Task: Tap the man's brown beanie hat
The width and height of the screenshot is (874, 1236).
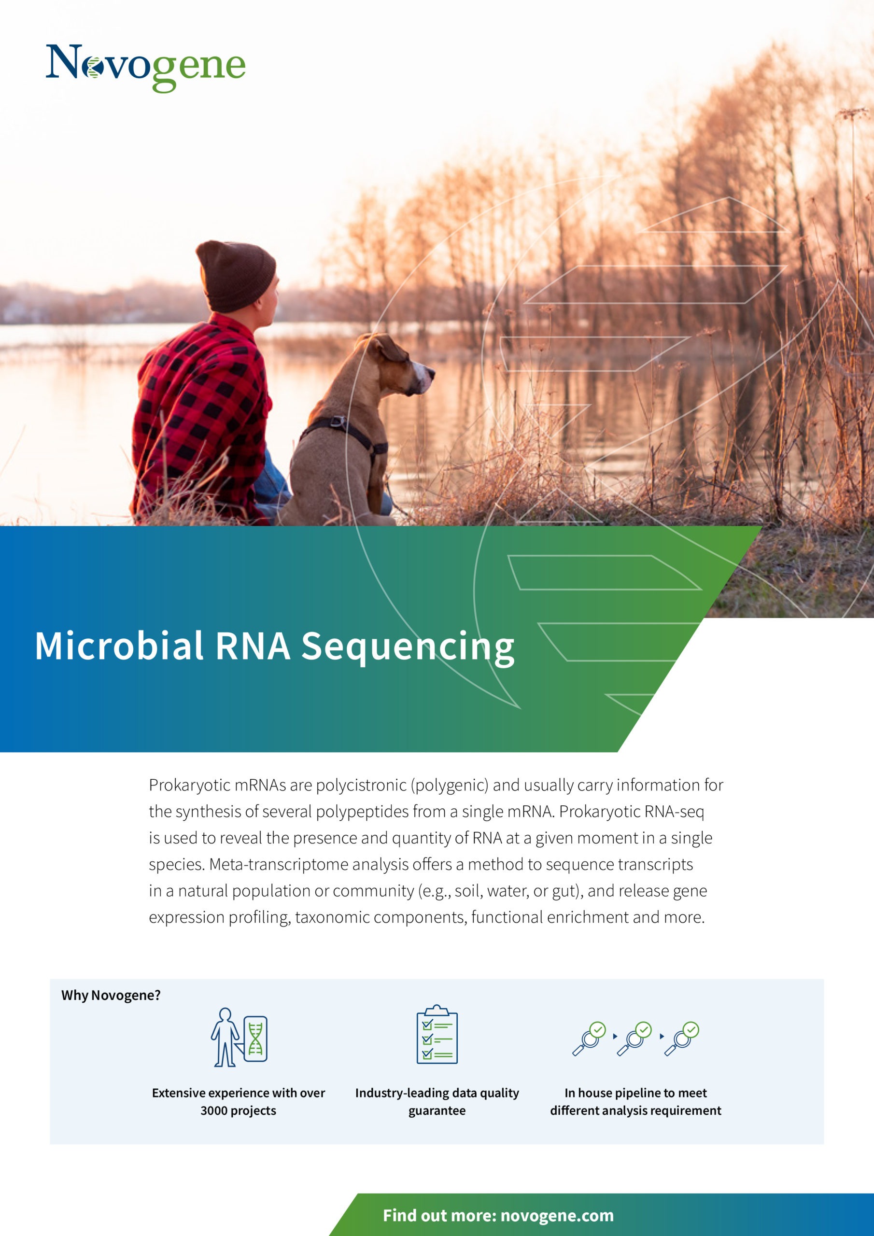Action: tap(235, 276)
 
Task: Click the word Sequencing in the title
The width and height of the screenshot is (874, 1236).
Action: tap(408, 647)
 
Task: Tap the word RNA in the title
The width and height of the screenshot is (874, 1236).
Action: tap(253, 646)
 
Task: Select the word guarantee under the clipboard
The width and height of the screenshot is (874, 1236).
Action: tap(437, 1111)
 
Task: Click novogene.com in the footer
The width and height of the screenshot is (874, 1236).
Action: tap(557, 1216)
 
